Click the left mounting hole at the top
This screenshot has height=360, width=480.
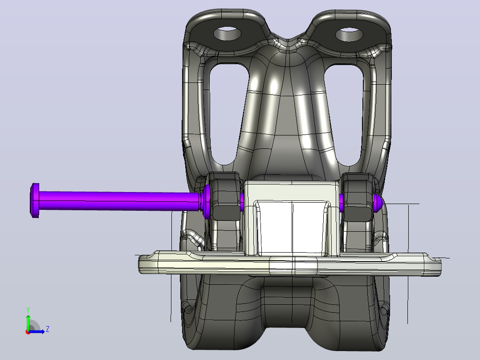[227, 33]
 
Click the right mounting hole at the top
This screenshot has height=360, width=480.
[349, 34]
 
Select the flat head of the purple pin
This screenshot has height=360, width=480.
[35, 200]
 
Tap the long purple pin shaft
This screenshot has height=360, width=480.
[119, 200]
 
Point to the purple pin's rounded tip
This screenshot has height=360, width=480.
[378, 203]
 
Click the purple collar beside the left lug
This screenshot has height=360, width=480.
[207, 201]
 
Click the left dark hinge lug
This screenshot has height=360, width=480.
[226, 196]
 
